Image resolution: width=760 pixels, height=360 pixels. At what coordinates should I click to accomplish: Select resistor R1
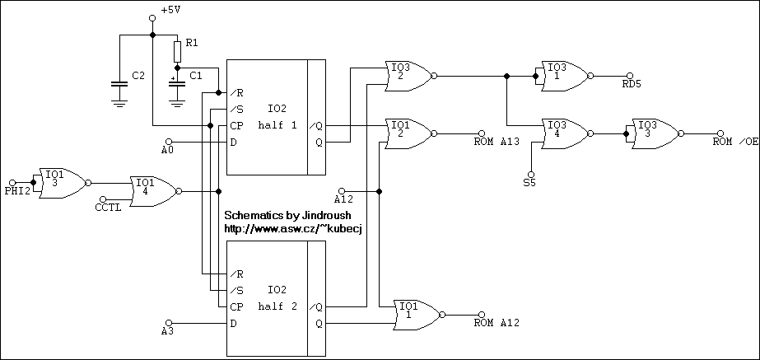(177, 52)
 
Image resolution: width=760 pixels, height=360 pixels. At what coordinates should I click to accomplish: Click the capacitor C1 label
(196, 76)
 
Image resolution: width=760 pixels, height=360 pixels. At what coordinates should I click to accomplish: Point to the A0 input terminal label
(168, 151)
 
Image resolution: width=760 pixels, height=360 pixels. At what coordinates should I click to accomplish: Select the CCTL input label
(109, 208)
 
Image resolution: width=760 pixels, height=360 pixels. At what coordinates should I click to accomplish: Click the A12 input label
(343, 199)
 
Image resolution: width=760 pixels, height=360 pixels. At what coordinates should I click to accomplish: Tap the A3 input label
(168, 331)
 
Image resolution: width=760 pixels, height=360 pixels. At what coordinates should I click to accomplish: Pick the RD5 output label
(632, 83)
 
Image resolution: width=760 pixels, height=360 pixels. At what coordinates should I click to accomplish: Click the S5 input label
(529, 183)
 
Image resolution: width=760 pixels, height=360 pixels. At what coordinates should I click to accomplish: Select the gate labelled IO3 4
(563, 133)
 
